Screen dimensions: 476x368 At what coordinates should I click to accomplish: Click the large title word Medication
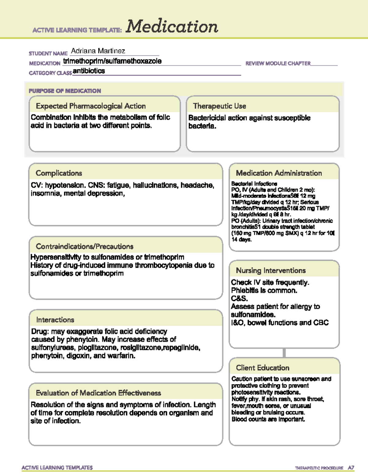(172, 26)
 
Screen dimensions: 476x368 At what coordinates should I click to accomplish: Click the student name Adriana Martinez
(98, 51)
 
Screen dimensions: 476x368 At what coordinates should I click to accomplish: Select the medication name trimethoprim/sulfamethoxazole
(112, 61)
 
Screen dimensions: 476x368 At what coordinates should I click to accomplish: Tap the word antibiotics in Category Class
(89, 71)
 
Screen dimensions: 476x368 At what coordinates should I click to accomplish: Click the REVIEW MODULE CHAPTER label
(278, 63)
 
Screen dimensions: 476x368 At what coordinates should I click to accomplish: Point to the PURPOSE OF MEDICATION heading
(65, 91)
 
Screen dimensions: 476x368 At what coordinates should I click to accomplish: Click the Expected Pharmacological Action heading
(91, 106)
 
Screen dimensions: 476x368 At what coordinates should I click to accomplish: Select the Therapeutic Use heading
(220, 106)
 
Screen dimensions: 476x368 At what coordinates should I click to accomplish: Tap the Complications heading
(59, 173)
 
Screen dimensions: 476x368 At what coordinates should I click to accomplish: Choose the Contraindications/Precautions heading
(85, 246)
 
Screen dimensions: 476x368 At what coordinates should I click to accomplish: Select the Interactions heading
(55, 320)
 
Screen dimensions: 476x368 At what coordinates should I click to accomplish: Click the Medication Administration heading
(279, 173)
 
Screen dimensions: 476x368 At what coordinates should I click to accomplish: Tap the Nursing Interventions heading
(271, 271)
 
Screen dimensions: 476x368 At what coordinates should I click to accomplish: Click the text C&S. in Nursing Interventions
(240, 299)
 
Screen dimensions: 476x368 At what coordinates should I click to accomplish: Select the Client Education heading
(263, 368)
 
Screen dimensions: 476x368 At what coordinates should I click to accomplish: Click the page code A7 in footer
(351, 468)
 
